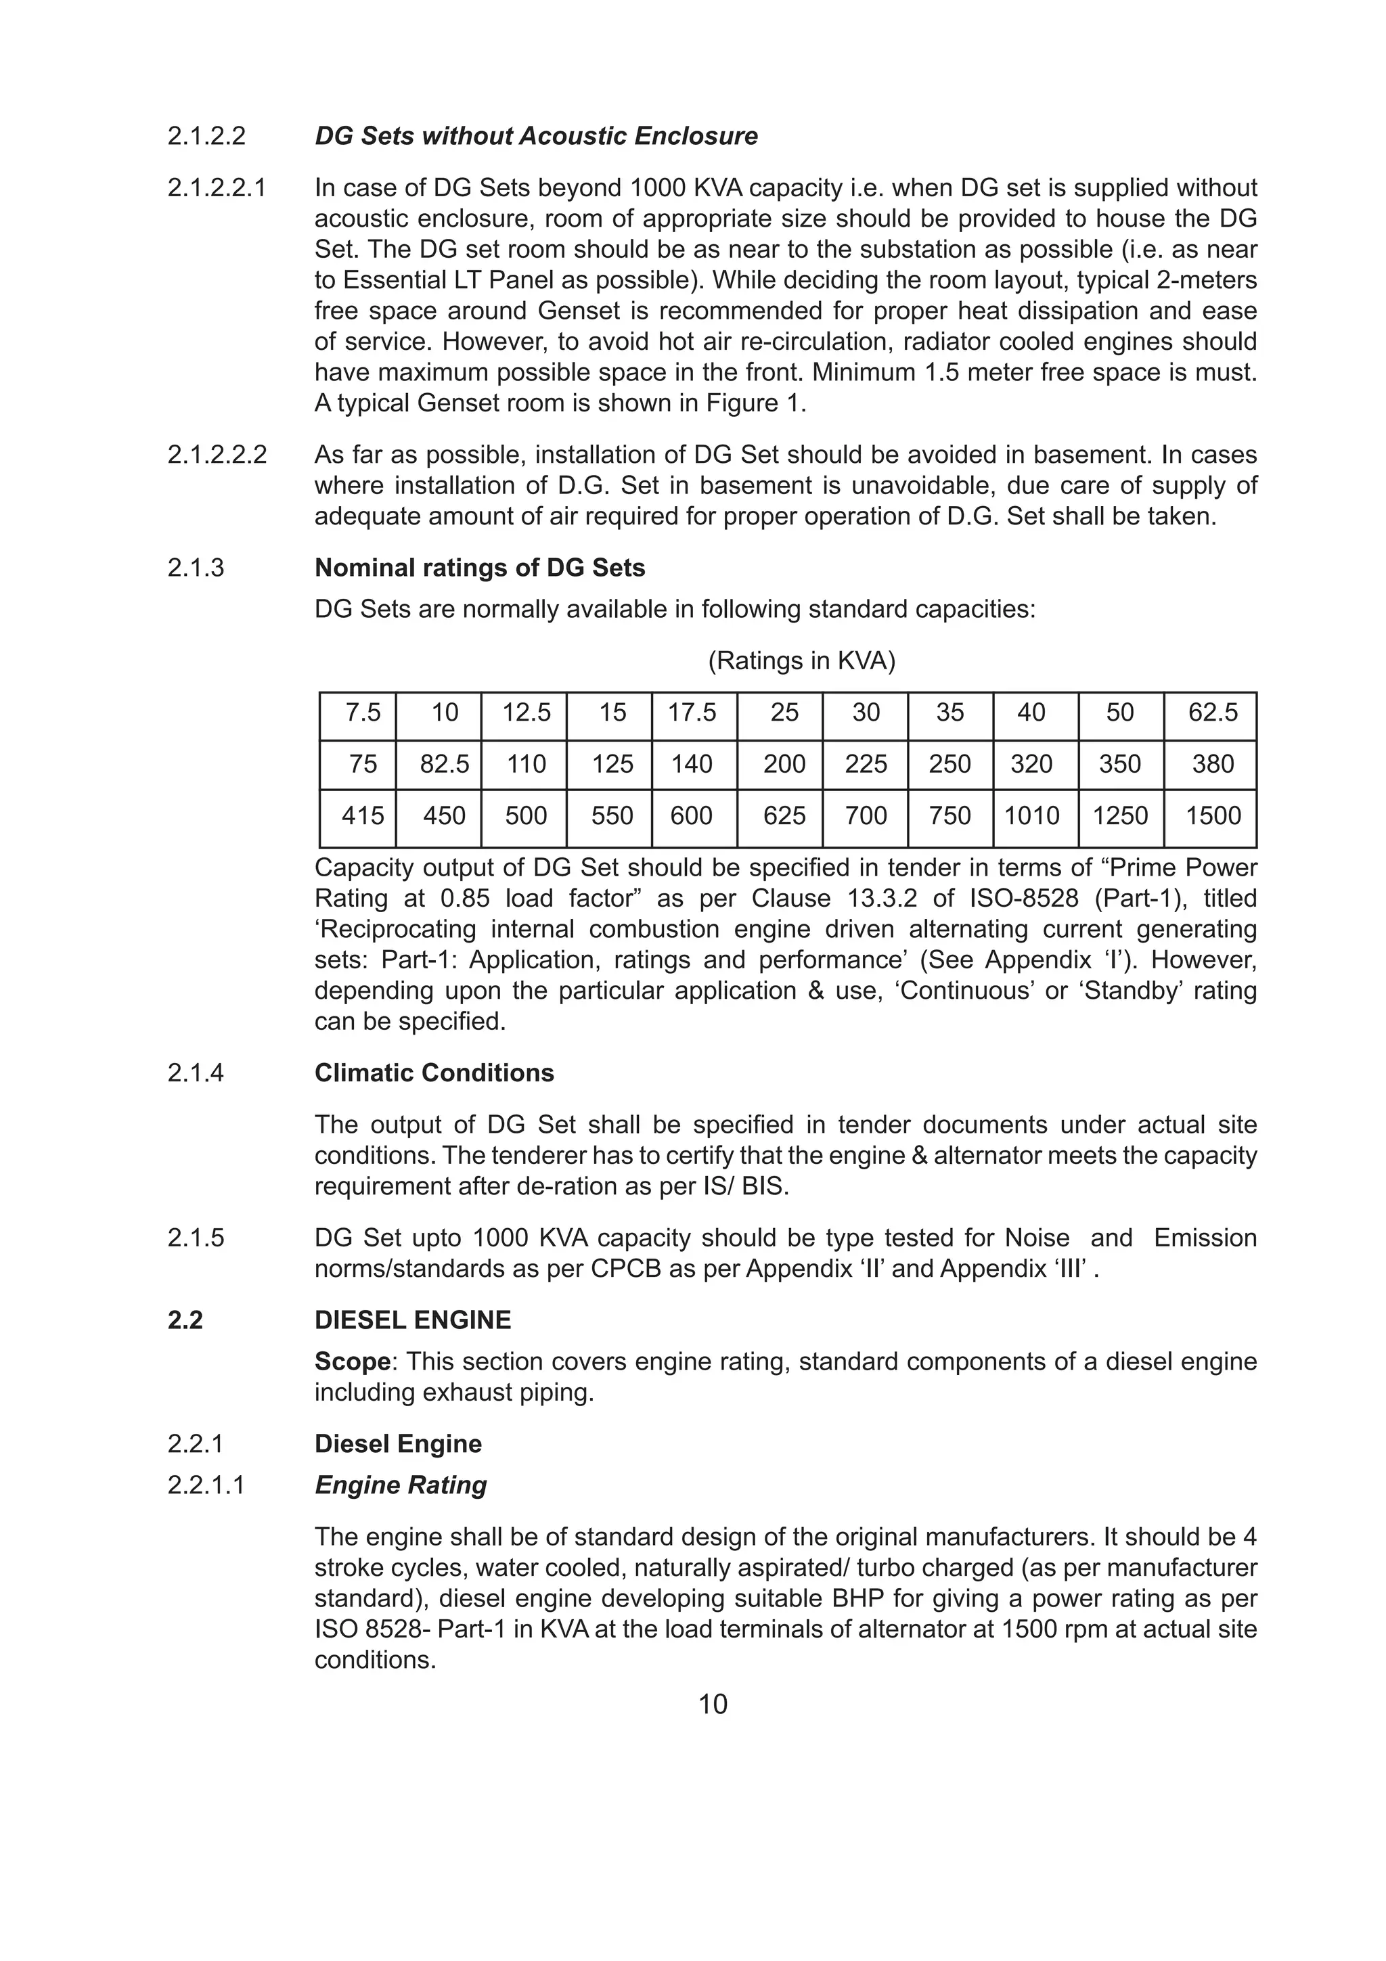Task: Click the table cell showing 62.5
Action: tap(1212, 713)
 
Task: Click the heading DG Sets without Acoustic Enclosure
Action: tap(535, 136)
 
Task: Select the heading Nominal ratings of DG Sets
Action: tap(479, 568)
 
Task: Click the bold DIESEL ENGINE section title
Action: tap(412, 1320)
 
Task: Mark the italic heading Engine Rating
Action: tap(401, 1485)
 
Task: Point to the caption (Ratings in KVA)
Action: tap(801, 660)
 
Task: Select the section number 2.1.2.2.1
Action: tap(217, 188)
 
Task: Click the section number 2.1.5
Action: tap(196, 1238)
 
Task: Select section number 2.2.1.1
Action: tap(206, 1485)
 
